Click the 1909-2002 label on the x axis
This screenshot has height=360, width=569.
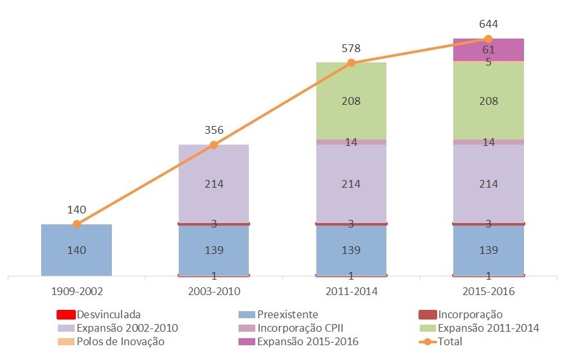click(x=77, y=291)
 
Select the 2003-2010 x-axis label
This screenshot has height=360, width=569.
click(x=214, y=291)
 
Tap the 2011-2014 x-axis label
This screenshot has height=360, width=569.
click(x=351, y=291)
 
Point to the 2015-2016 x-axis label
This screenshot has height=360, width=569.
click(x=489, y=291)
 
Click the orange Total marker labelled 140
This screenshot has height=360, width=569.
click(x=77, y=224)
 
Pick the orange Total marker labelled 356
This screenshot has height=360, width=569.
click(x=214, y=145)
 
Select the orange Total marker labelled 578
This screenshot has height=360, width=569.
click(x=351, y=63)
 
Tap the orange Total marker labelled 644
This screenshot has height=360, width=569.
click(x=489, y=39)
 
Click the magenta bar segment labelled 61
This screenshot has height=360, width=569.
click(x=489, y=50)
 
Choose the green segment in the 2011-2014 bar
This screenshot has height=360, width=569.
click(x=351, y=101)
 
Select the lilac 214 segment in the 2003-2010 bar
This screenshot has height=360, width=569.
click(x=214, y=184)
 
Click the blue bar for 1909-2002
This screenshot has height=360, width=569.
click(x=77, y=250)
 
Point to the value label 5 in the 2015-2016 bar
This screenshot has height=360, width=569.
click(x=489, y=62)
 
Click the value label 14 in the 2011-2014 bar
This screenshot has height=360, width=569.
click(x=351, y=143)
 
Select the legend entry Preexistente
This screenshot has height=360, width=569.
click(x=287, y=315)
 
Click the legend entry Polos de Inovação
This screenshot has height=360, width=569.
click(x=120, y=342)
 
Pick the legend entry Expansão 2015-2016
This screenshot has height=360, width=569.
click(x=307, y=342)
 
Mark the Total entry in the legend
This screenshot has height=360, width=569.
click(x=449, y=342)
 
